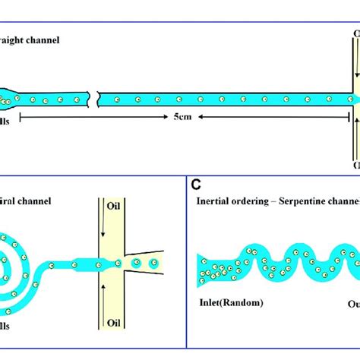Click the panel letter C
196,184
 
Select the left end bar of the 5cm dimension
21,118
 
